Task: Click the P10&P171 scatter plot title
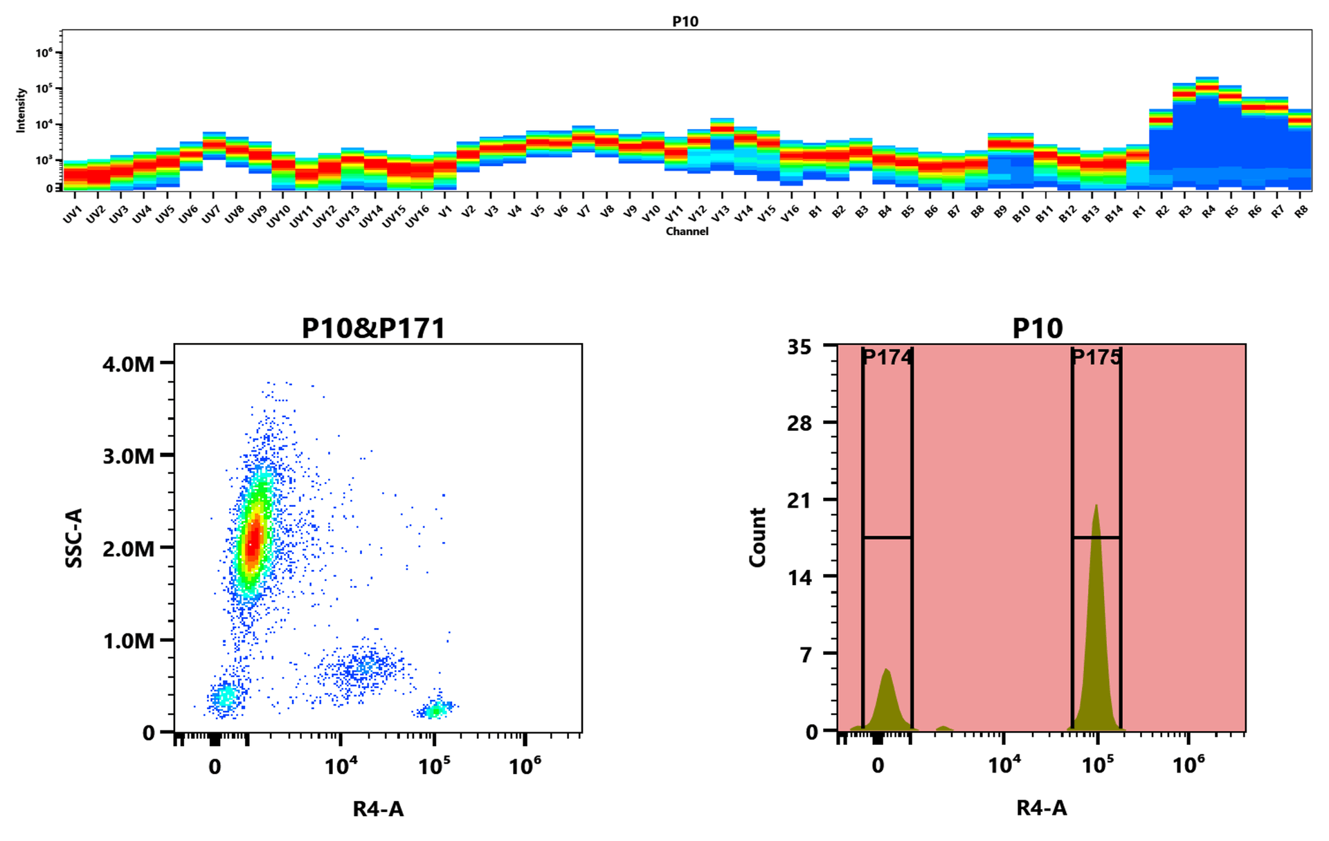(373, 328)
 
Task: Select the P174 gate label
(887, 358)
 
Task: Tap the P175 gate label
(1096, 358)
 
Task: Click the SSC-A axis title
(73, 538)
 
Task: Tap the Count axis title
(757, 538)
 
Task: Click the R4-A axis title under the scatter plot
(378, 808)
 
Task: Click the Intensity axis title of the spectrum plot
(21, 109)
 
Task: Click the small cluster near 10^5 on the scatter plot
(435, 709)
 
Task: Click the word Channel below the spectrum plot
(687, 231)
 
